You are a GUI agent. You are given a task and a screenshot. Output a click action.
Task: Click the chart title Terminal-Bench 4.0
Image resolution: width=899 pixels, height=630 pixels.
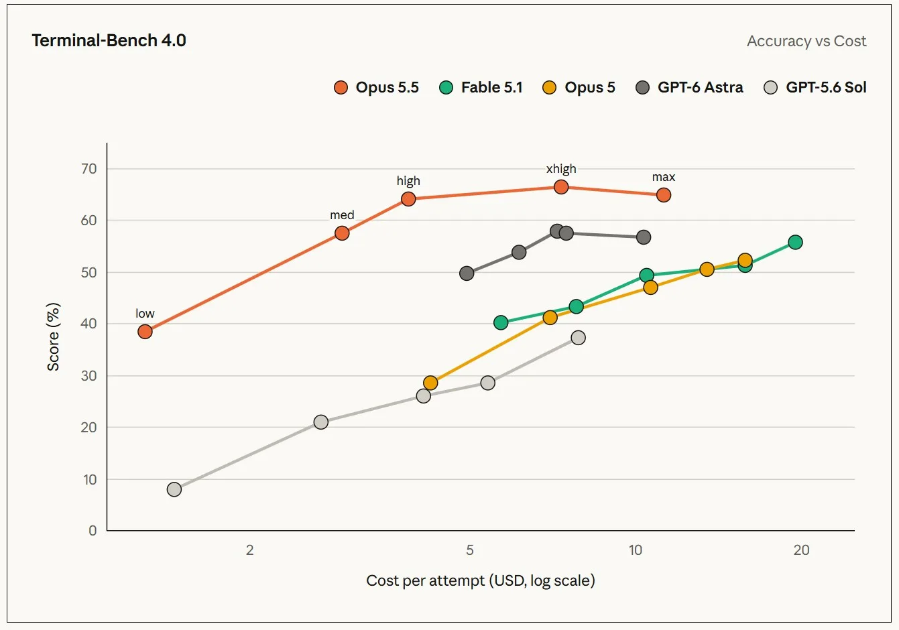pos(109,40)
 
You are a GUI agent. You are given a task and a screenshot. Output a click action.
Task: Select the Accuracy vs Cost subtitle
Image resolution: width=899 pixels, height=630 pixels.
pos(806,41)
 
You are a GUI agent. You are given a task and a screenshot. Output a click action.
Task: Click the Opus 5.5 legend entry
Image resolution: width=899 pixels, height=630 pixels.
pos(376,88)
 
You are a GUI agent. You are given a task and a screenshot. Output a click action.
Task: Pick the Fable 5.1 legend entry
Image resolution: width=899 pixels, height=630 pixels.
pos(481,88)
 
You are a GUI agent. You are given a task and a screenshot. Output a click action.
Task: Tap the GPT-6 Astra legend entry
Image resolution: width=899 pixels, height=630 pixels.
pos(689,88)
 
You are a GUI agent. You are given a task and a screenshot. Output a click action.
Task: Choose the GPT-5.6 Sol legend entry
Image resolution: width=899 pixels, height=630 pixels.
pos(815,88)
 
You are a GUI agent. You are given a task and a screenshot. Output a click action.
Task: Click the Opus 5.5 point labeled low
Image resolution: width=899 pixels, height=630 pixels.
pos(145,332)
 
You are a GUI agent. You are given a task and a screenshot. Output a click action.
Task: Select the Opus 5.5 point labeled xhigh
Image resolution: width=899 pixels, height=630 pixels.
pos(560,186)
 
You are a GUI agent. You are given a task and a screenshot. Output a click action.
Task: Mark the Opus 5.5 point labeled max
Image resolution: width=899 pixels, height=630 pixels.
pos(664,195)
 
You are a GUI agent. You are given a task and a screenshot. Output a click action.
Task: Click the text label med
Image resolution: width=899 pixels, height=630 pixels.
pos(342,215)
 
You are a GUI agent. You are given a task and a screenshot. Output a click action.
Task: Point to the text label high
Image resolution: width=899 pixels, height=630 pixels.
pos(408,181)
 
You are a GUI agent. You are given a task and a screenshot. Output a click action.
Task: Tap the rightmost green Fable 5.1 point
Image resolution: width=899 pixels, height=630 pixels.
pos(795,242)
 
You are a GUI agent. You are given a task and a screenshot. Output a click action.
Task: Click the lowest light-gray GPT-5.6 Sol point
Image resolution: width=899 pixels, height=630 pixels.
pos(174,489)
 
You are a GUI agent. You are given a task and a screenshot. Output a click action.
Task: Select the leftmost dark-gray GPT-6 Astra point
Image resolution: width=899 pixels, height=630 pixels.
pos(467,273)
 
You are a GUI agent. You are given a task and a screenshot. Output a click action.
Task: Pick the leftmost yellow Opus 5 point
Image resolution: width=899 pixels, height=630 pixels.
pos(430,383)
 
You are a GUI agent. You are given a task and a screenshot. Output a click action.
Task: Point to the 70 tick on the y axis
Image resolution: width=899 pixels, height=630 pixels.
pos(88,169)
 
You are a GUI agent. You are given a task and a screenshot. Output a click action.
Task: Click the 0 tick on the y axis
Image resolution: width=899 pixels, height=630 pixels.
pos(93,531)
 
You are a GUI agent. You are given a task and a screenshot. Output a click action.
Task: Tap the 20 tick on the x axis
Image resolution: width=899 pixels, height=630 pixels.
pos(801,550)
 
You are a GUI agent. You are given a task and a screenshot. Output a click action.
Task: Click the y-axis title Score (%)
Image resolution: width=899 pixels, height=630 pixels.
pos(54,336)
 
